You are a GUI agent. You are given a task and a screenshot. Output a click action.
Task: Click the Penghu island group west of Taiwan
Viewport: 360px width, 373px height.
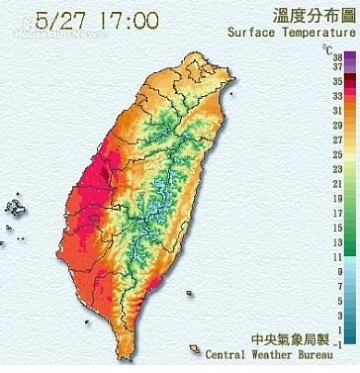tap(16, 207)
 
